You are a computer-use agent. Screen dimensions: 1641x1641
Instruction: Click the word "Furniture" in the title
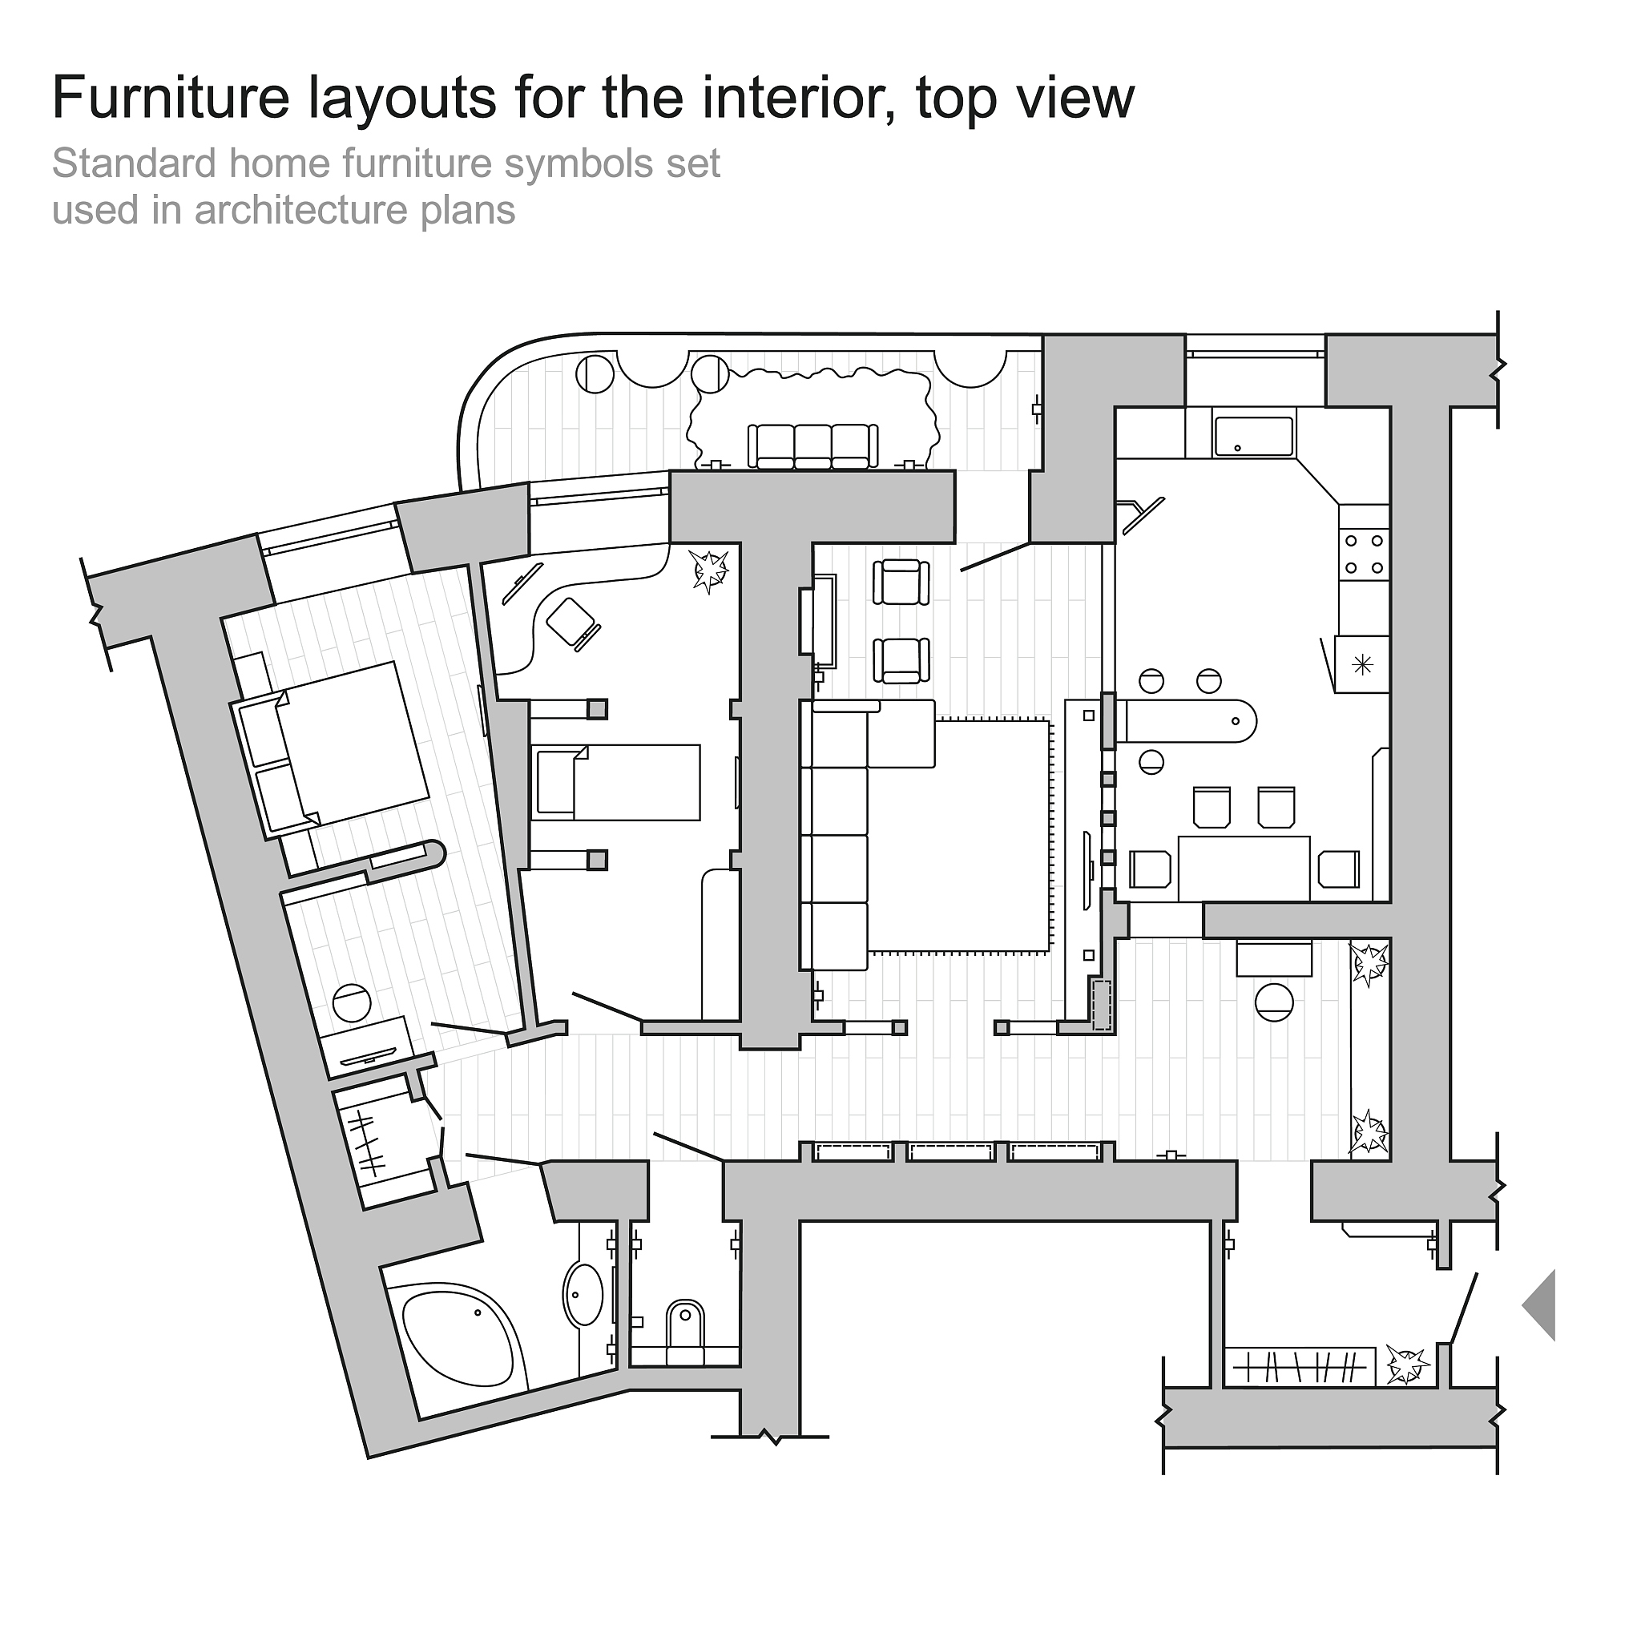[171, 98]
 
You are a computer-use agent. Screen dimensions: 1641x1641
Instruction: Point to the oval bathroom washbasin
[583, 1295]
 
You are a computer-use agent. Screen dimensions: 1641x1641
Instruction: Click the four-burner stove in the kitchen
[1364, 554]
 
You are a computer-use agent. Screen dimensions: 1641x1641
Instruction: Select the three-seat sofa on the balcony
[812, 446]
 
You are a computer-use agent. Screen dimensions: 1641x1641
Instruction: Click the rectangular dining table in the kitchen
[1244, 868]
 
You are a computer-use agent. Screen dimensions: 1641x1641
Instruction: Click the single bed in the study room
[619, 782]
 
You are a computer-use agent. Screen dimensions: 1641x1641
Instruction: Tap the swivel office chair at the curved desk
[574, 623]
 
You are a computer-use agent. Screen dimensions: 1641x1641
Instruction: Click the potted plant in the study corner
[709, 570]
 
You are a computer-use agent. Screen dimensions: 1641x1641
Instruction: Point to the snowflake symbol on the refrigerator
[1362, 663]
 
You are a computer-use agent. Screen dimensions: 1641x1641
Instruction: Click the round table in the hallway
[1273, 1002]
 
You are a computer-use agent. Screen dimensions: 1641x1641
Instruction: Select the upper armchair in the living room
[901, 582]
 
